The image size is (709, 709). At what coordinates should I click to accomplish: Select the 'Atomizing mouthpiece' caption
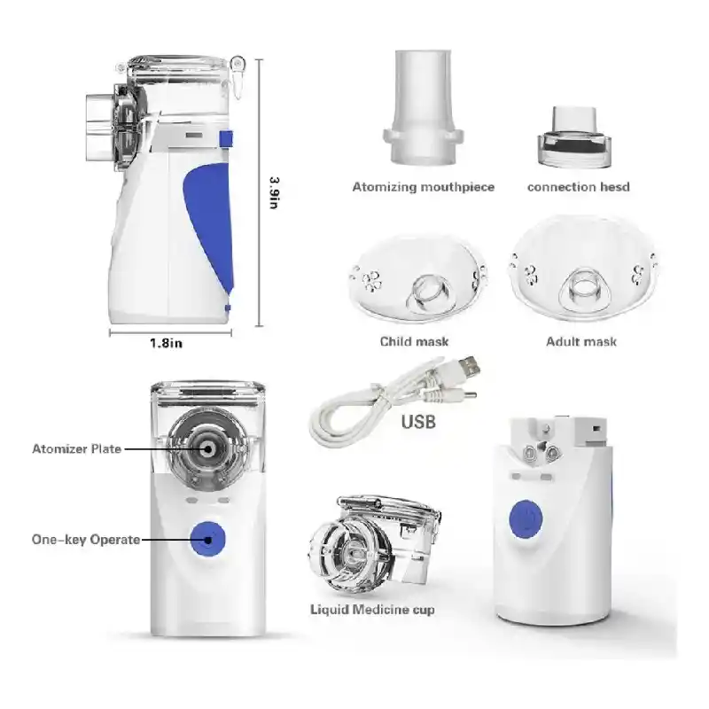click(424, 187)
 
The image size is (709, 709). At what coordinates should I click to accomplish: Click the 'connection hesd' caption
click(578, 187)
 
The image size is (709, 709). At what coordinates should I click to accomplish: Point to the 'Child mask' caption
click(415, 341)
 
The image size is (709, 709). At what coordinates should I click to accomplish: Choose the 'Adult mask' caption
click(581, 341)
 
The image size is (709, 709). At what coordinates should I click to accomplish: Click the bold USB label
click(418, 422)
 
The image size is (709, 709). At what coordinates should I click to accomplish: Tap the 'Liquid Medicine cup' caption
click(372, 610)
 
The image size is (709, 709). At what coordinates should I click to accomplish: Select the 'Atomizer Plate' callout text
click(76, 449)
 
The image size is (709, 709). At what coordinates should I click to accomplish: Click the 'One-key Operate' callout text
click(86, 539)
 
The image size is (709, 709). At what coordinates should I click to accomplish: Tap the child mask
click(417, 278)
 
